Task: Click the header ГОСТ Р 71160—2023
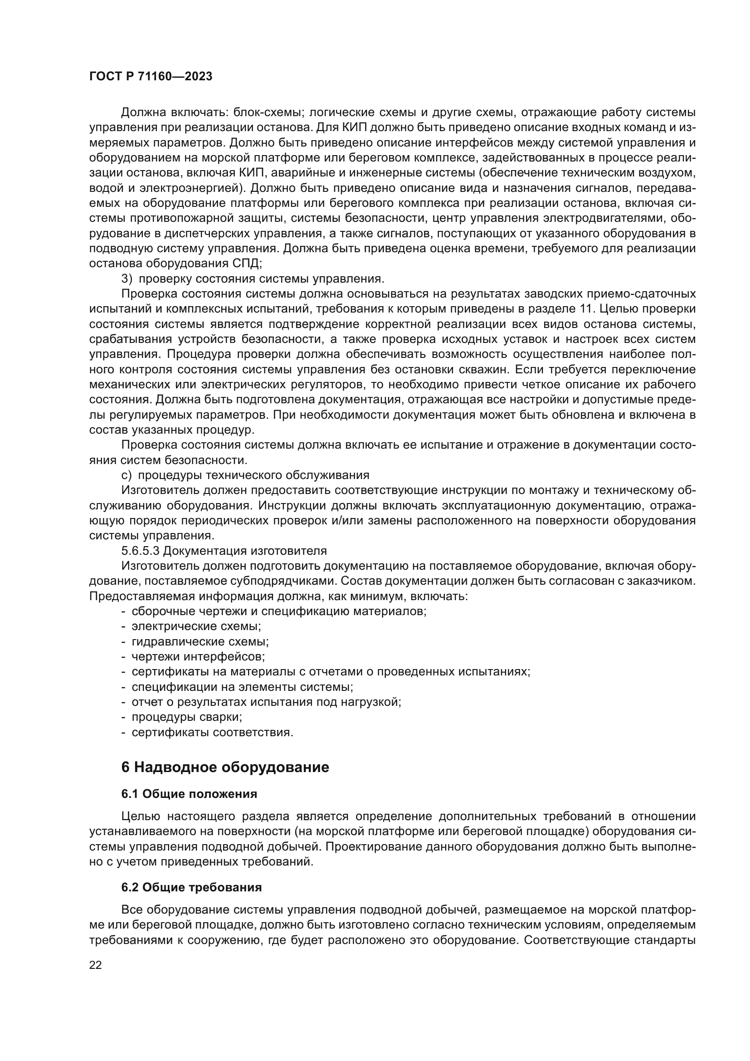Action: [x=151, y=77]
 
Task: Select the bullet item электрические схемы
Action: [x=196, y=626]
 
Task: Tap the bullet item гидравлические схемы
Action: [x=200, y=641]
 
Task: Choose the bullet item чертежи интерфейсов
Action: [x=198, y=656]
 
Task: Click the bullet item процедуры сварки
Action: [x=186, y=717]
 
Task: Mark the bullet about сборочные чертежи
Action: [x=279, y=611]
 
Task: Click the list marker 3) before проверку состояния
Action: [x=127, y=279]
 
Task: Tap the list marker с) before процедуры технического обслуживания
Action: [x=127, y=475]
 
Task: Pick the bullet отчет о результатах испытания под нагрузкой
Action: [x=266, y=702]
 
